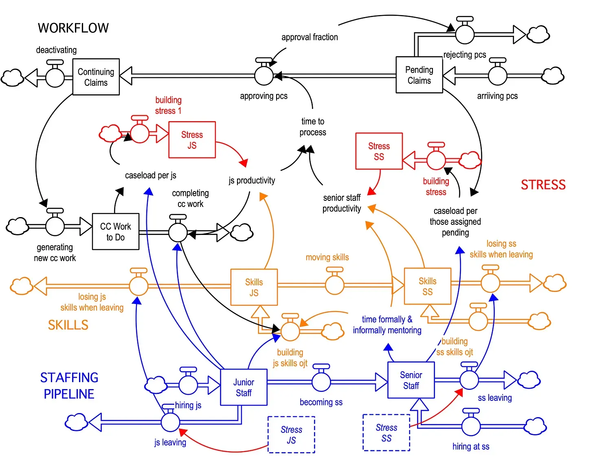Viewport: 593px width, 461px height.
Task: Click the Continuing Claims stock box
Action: [x=96, y=77]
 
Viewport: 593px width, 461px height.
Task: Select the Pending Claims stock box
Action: [x=419, y=75]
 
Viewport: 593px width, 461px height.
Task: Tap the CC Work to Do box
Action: [x=116, y=231]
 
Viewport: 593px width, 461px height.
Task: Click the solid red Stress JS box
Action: [x=192, y=140]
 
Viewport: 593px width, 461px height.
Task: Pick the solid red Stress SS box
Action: [x=379, y=151]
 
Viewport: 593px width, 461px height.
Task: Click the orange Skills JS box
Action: [x=254, y=287]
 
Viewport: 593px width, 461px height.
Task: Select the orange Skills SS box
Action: [x=427, y=286]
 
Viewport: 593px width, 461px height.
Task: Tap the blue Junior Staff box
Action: [x=244, y=387]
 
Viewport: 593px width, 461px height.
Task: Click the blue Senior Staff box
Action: [x=411, y=380]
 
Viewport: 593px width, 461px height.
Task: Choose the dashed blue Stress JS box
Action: [x=291, y=435]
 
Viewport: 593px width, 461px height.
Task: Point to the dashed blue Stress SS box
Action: [x=386, y=433]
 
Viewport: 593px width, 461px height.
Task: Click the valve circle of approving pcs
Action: [x=264, y=76]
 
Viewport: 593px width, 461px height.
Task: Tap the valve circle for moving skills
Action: [x=335, y=285]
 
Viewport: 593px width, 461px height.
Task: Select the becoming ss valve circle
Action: [x=321, y=382]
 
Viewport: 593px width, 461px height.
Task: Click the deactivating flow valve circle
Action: [x=55, y=77]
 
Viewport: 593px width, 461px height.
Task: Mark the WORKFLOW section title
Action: [x=73, y=28]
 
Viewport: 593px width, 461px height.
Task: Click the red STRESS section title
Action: [x=543, y=185]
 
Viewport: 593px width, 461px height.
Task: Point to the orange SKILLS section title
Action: [x=68, y=325]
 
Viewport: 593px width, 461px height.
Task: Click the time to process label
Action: [x=313, y=127]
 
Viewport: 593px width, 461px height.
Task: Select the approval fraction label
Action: [x=310, y=37]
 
